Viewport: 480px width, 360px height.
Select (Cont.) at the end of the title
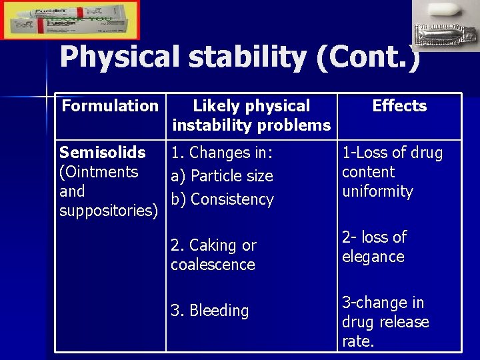[369, 58]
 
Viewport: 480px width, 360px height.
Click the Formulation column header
[110, 105]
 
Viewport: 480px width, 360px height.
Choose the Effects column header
[399, 105]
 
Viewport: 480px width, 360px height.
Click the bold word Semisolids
[102, 153]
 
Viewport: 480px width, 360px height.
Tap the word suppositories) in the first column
[109, 211]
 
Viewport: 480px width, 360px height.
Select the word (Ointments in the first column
[99, 172]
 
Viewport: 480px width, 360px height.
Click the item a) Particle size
[222, 176]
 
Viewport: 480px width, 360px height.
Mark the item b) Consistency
[222, 199]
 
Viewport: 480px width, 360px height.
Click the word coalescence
[213, 265]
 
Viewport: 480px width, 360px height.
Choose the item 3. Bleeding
[209, 311]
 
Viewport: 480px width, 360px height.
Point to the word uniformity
[377, 191]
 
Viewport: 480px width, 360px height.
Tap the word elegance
[373, 257]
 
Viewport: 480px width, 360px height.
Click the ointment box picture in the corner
[70, 20]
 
